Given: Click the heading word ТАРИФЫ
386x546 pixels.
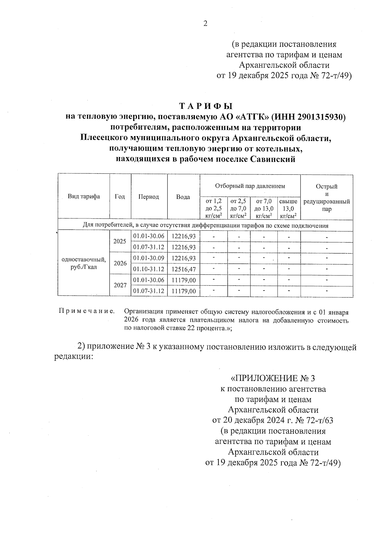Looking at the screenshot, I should pyautogui.click(x=206, y=106).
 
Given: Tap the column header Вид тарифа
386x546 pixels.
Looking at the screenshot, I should pyautogui.click(x=84, y=197).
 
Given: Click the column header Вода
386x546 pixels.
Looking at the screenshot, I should pyautogui.click(x=183, y=197).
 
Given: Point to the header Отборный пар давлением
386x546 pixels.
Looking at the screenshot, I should pyautogui.click(x=250, y=186).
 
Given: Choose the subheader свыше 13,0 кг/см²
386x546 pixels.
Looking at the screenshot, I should pyautogui.click(x=289, y=208).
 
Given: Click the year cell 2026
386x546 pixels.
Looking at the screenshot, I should pyautogui.click(x=120, y=264).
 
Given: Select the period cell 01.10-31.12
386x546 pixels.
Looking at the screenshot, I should pyautogui.click(x=149, y=269).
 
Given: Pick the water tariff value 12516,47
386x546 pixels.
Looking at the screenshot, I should pyautogui.click(x=184, y=269).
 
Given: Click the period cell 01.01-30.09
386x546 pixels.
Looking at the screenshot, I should pyautogui.click(x=149, y=258).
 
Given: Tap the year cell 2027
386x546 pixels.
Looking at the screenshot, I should pyautogui.click(x=120, y=285).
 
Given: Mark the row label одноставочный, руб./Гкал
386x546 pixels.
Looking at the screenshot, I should pyautogui.click(x=84, y=263).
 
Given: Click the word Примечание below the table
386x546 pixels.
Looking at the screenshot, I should pyautogui.click(x=87, y=311).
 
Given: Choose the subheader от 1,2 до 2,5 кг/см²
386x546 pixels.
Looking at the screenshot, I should pyautogui.click(x=214, y=208).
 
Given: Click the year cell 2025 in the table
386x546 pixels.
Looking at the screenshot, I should pyautogui.click(x=120, y=241).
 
